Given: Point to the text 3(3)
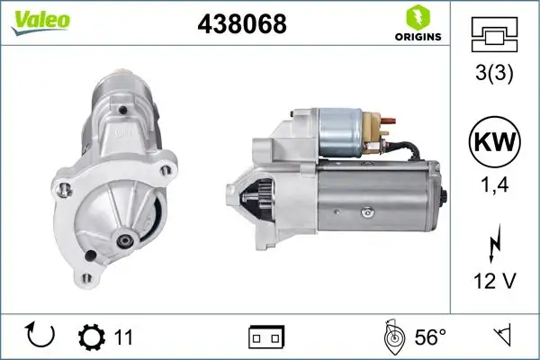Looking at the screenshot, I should coord(494,76).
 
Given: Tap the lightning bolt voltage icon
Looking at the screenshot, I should coord(494,245).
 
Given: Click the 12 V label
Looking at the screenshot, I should coord(494,282).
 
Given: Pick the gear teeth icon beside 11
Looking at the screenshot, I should coord(92,337).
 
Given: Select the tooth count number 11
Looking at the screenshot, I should coord(124,337).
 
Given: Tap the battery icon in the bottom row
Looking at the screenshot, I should coord(266,337).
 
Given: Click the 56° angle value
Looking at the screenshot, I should coord(429,337).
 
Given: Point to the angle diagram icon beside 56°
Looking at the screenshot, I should coord(392,337).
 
